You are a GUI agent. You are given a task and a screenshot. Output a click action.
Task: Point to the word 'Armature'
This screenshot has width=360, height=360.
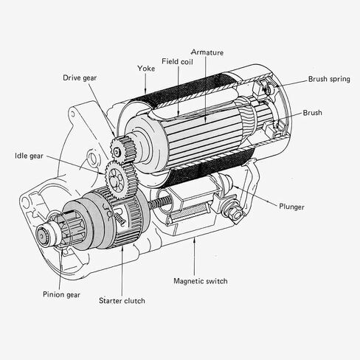209,52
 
